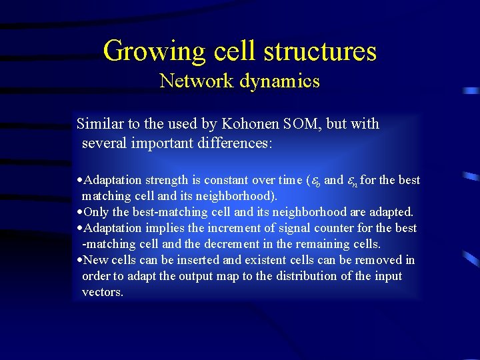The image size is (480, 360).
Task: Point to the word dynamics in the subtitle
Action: pyautogui.click(x=279, y=81)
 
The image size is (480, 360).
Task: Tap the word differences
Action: pyautogui.click(x=232, y=143)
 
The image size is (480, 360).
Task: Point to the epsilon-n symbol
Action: pyautogui.click(x=353, y=181)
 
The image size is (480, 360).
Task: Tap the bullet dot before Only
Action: pyautogui.click(x=80, y=212)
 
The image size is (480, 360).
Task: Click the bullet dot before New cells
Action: pyautogui.click(x=80, y=260)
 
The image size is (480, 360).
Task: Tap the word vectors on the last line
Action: pyautogui.click(x=102, y=292)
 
